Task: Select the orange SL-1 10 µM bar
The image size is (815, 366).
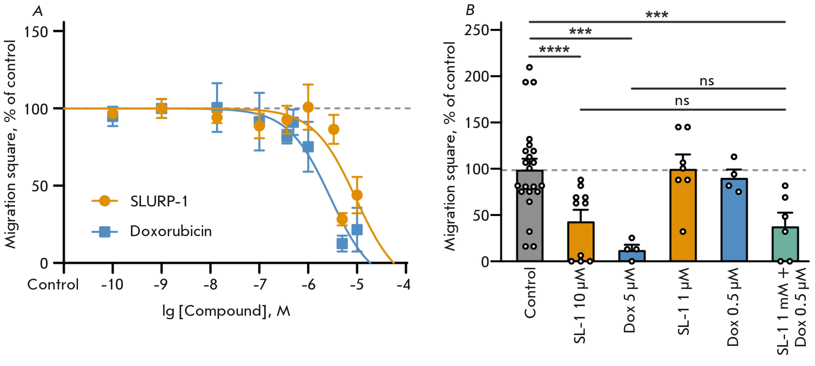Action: coord(581,242)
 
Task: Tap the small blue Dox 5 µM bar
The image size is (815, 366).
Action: coord(632,256)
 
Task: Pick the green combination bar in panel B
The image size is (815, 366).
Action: coord(785,244)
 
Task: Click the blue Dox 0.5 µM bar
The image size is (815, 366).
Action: coord(734,220)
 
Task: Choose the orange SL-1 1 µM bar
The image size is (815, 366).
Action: coord(683,216)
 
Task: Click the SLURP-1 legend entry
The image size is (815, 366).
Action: coord(158,201)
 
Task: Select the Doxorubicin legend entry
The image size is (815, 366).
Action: coord(170,231)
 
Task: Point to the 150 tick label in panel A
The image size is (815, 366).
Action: coord(36,32)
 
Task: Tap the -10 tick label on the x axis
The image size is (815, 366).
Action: coord(112,285)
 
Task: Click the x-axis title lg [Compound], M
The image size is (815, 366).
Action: coord(226,311)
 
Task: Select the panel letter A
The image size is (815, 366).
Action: coord(37,11)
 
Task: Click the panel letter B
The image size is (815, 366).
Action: coord(470,10)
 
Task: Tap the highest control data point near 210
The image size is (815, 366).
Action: coord(530,68)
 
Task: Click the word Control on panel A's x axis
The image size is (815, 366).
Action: coord(53,285)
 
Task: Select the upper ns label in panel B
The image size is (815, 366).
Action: coord(706,81)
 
